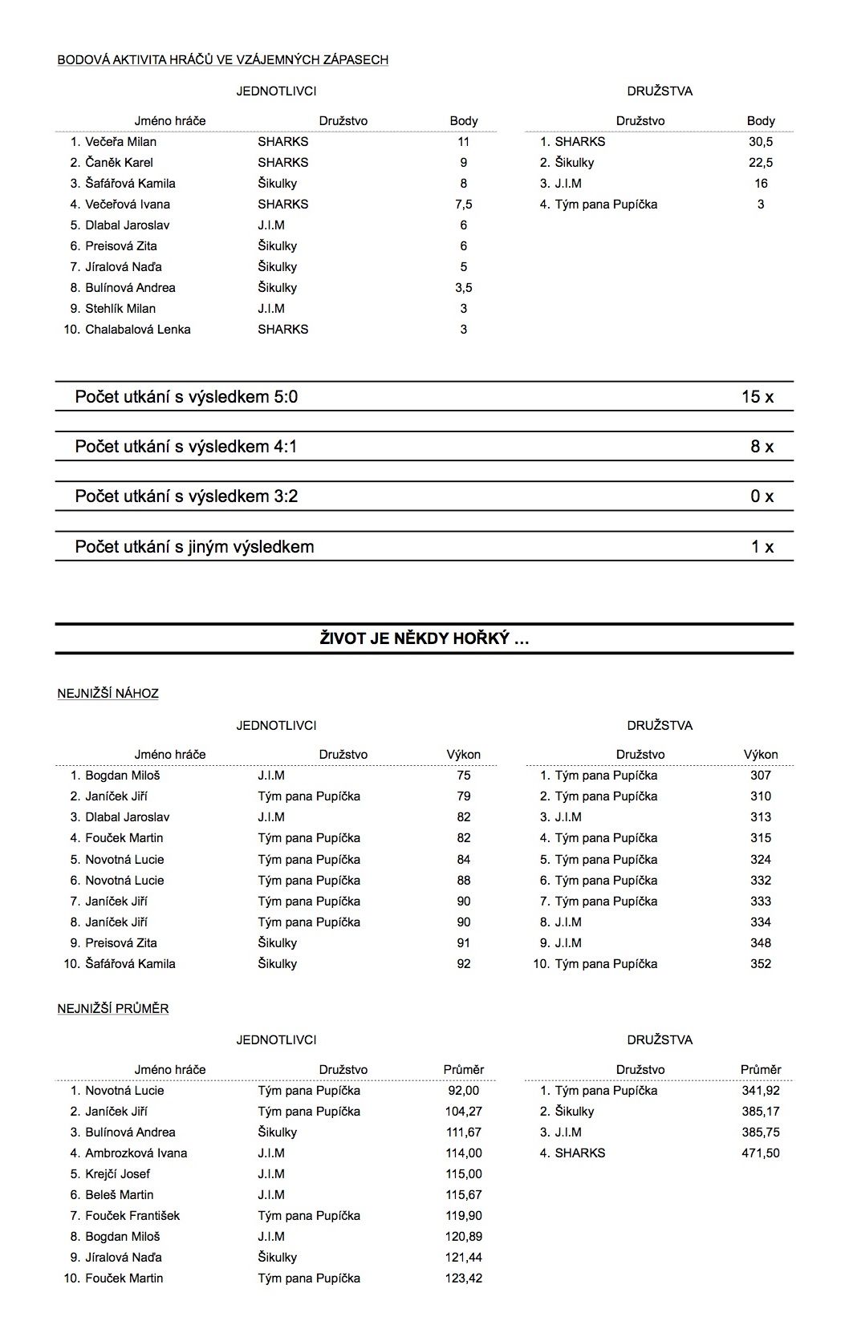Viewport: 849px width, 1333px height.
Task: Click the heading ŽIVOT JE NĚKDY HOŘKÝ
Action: [x=424, y=638]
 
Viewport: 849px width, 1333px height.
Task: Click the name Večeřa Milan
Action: [x=120, y=142]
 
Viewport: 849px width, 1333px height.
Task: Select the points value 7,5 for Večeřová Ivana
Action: [x=463, y=205]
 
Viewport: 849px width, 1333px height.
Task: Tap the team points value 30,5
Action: [x=760, y=142]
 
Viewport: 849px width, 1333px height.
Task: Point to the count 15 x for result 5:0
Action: [x=757, y=396]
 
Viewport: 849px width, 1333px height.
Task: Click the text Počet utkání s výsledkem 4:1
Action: [x=186, y=447]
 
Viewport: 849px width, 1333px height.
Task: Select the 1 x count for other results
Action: [x=762, y=547]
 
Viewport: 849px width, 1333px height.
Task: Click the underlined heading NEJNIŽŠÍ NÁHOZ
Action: [x=108, y=694]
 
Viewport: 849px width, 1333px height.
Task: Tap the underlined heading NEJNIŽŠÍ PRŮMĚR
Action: [x=113, y=1009]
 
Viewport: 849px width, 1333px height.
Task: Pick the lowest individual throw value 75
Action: [x=463, y=776]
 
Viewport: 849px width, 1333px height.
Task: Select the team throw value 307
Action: [x=760, y=776]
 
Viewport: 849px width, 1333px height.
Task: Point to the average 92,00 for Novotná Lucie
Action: [x=463, y=1091]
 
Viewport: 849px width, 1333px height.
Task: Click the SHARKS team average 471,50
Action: [x=760, y=1153]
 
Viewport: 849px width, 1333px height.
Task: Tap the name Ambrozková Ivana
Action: [x=136, y=1153]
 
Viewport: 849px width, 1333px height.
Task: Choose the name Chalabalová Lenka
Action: [x=137, y=330]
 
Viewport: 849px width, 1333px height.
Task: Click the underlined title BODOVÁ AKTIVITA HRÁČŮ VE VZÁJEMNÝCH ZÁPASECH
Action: [x=223, y=60]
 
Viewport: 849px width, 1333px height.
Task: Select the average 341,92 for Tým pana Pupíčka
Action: [x=760, y=1091]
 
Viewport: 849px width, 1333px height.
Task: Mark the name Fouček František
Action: [x=132, y=1216]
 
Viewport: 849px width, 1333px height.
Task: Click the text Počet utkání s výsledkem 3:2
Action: [x=186, y=496]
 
